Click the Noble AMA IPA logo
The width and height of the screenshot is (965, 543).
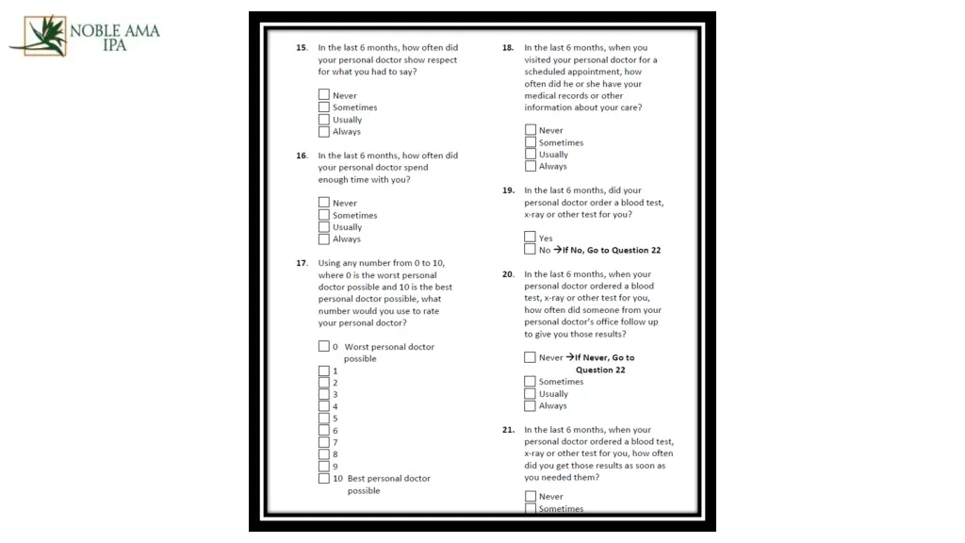(85, 36)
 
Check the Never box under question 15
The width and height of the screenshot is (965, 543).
(324, 95)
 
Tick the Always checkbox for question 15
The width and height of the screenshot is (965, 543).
(324, 132)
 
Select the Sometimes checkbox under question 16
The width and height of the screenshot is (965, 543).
(324, 215)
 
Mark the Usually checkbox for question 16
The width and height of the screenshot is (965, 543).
(324, 227)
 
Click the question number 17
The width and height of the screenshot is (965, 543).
(302, 263)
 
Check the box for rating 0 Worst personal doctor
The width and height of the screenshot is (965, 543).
(324, 347)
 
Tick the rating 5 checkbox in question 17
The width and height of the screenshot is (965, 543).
(324, 419)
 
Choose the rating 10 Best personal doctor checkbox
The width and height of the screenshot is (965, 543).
(324, 478)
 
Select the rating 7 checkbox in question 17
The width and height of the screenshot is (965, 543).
(324, 442)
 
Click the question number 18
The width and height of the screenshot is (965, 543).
(508, 48)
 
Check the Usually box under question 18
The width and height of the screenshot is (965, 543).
(531, 155)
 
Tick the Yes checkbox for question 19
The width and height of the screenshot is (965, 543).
(531, 238)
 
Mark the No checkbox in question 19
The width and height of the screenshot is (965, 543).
(531, 250)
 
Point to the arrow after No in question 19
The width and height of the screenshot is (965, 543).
(557, 250)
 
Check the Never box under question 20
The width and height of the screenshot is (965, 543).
(531, 357)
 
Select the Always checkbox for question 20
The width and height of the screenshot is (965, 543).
(531, 406)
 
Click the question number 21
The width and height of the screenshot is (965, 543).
(508, 430)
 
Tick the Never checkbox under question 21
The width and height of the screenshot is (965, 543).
(531, 497)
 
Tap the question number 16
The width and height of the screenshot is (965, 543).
(302, 156)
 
